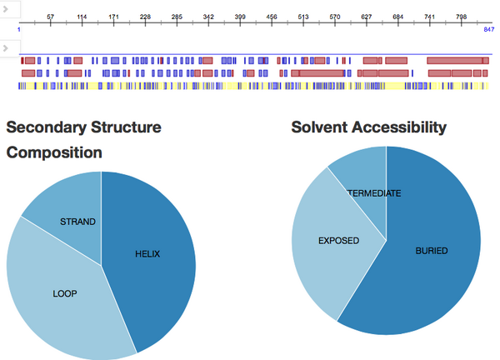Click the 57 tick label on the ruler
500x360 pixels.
[x=51, y=17]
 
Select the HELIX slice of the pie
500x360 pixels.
[x=148, y=254]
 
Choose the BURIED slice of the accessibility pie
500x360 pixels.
[x=432, y=250]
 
